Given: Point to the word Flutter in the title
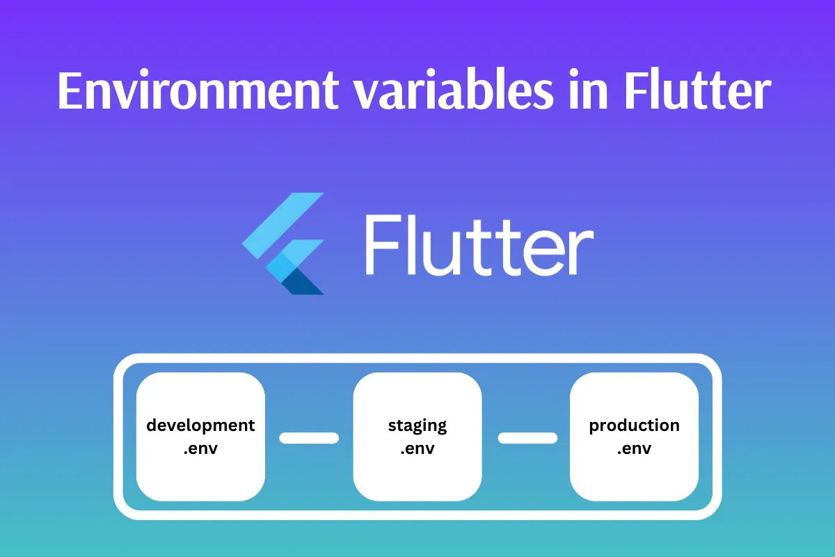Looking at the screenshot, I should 697,91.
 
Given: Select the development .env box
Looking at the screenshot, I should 200,437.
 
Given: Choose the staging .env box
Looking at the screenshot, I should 417,437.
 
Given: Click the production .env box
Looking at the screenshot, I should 634,437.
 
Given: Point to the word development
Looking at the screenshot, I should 200,425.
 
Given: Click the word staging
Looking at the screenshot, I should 417,425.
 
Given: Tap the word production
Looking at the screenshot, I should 634,425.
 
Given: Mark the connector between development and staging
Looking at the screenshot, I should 309,438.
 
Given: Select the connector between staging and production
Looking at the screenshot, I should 527,438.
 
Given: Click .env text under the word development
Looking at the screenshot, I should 200,449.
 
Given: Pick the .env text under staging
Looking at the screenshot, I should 417,449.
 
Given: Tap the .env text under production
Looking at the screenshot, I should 634,449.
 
